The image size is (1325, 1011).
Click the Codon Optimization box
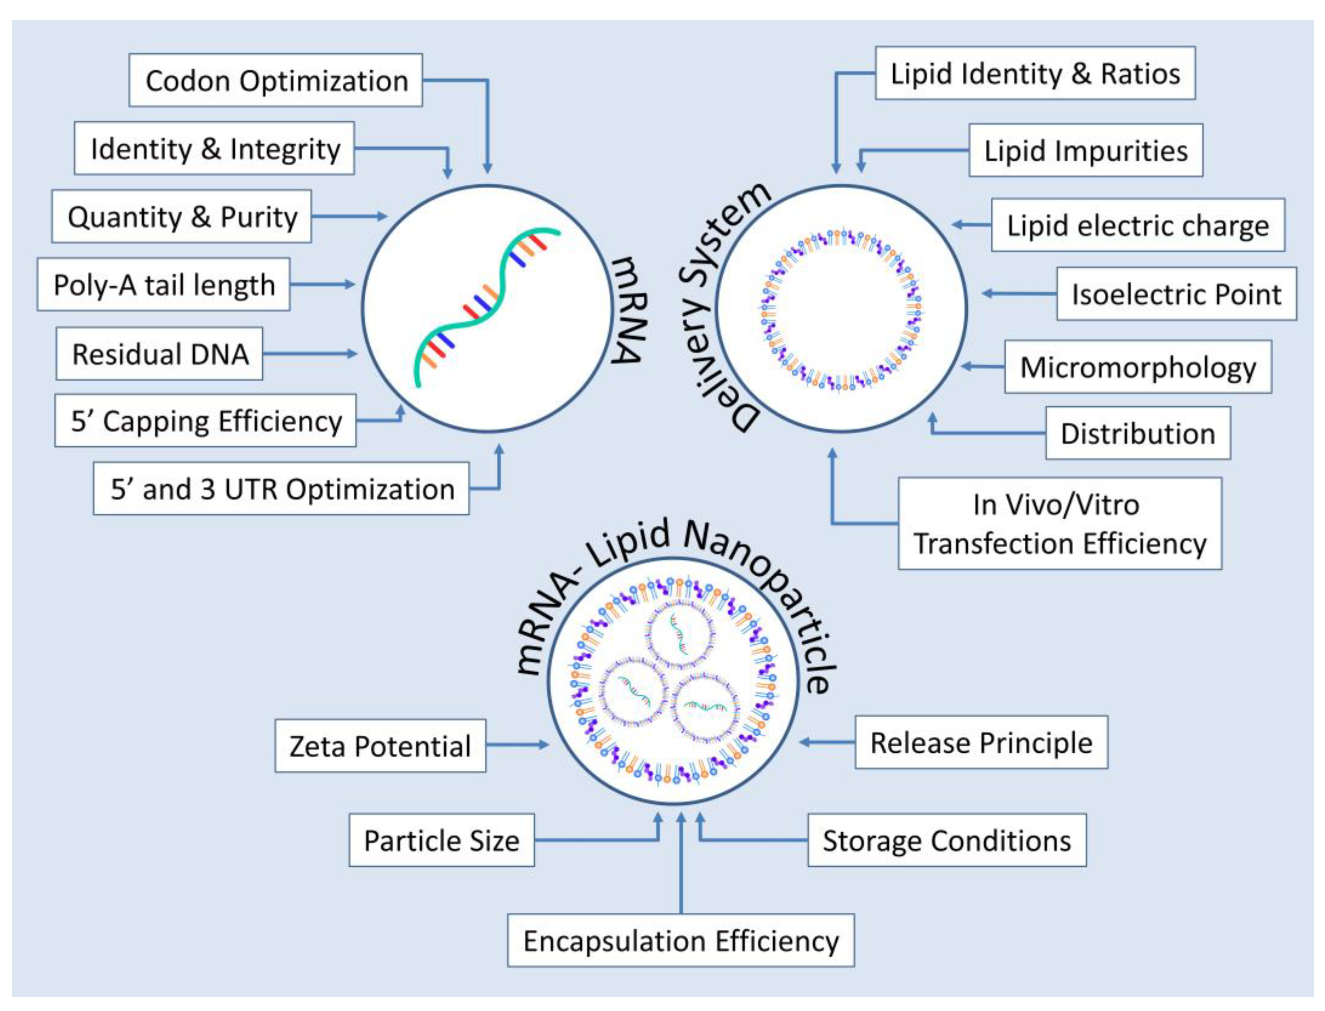[x=276, y=80]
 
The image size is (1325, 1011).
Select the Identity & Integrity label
[x=215, y=149]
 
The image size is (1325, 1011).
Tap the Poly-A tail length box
[x=164, y=285]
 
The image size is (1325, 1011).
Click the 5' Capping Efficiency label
[x=206, y=421]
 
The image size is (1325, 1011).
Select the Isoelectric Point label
[x=1176, y=294]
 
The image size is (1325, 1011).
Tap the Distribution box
[x=1137, y=433]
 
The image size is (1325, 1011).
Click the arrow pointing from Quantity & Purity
[x=349, y=216]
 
